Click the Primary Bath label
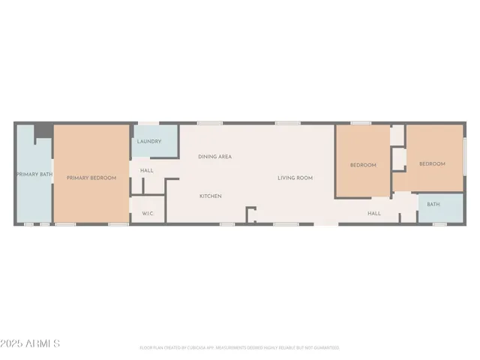33,175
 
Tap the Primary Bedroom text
91,178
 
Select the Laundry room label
148,141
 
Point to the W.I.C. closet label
148,214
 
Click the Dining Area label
214,157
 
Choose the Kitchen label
210,196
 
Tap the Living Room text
295,178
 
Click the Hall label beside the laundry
147,170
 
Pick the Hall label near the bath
374,214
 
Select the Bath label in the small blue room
433,205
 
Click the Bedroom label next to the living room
363,165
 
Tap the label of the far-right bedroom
432,164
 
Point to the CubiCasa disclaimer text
239,348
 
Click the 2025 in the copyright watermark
13,343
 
